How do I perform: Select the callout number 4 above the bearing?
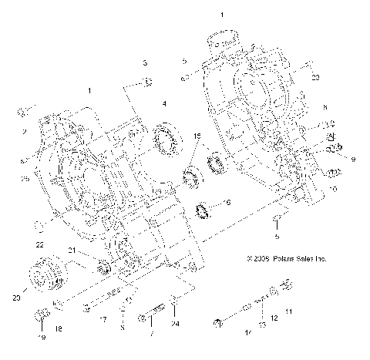coord(163,104)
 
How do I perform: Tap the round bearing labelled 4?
coord(165,140)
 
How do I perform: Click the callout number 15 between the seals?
coord(197,136)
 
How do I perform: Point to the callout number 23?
coord(315,78)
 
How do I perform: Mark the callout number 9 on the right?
coord(353,159)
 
